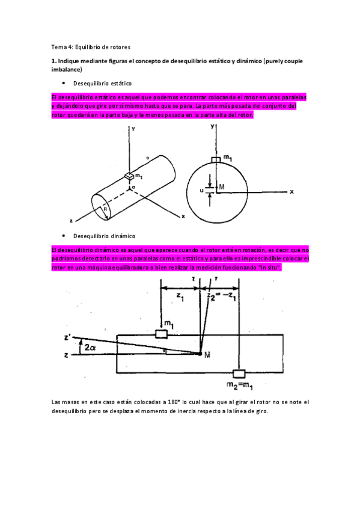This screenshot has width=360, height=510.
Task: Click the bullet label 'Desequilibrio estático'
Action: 102,83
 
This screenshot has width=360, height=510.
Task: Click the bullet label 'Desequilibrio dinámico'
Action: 103,236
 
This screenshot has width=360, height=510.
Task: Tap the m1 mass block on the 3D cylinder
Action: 129,176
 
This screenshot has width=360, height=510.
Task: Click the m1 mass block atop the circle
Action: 215,159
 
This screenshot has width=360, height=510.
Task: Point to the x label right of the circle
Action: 291,192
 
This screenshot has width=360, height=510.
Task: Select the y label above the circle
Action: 213,127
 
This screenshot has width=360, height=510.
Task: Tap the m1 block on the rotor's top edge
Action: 160,334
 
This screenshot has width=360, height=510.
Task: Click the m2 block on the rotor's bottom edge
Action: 240,373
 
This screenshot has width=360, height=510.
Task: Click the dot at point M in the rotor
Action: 200,354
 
